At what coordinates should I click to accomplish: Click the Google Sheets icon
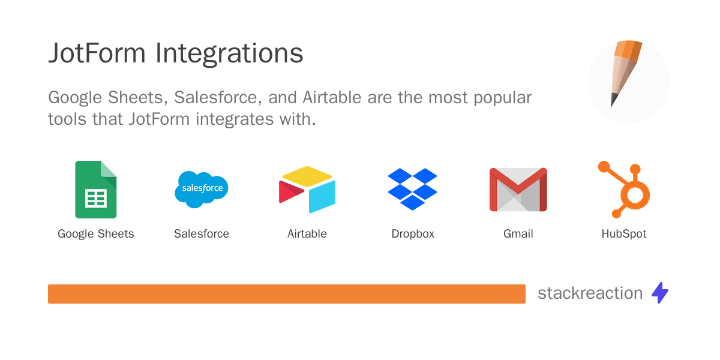[96, 190]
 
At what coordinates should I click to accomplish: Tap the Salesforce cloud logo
[202, 188]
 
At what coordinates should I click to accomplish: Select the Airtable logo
[307, 190]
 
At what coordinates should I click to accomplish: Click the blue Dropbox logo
[413, 189]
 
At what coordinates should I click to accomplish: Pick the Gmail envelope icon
[518, 190]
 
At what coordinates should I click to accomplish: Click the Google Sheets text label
[96, 234]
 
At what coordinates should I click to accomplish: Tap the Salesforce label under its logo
[202, 234]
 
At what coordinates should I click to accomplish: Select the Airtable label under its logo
[307, 234]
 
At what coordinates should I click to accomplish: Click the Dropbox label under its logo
[413, 234]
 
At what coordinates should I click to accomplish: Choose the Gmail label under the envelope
[518, 234]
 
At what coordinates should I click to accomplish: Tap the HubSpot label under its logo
[624, 234]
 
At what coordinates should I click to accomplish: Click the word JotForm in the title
[97, 53]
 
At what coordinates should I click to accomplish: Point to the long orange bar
[287, 294]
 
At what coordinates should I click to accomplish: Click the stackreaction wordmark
[590, 293]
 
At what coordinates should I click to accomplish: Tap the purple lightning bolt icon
[660, 293]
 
